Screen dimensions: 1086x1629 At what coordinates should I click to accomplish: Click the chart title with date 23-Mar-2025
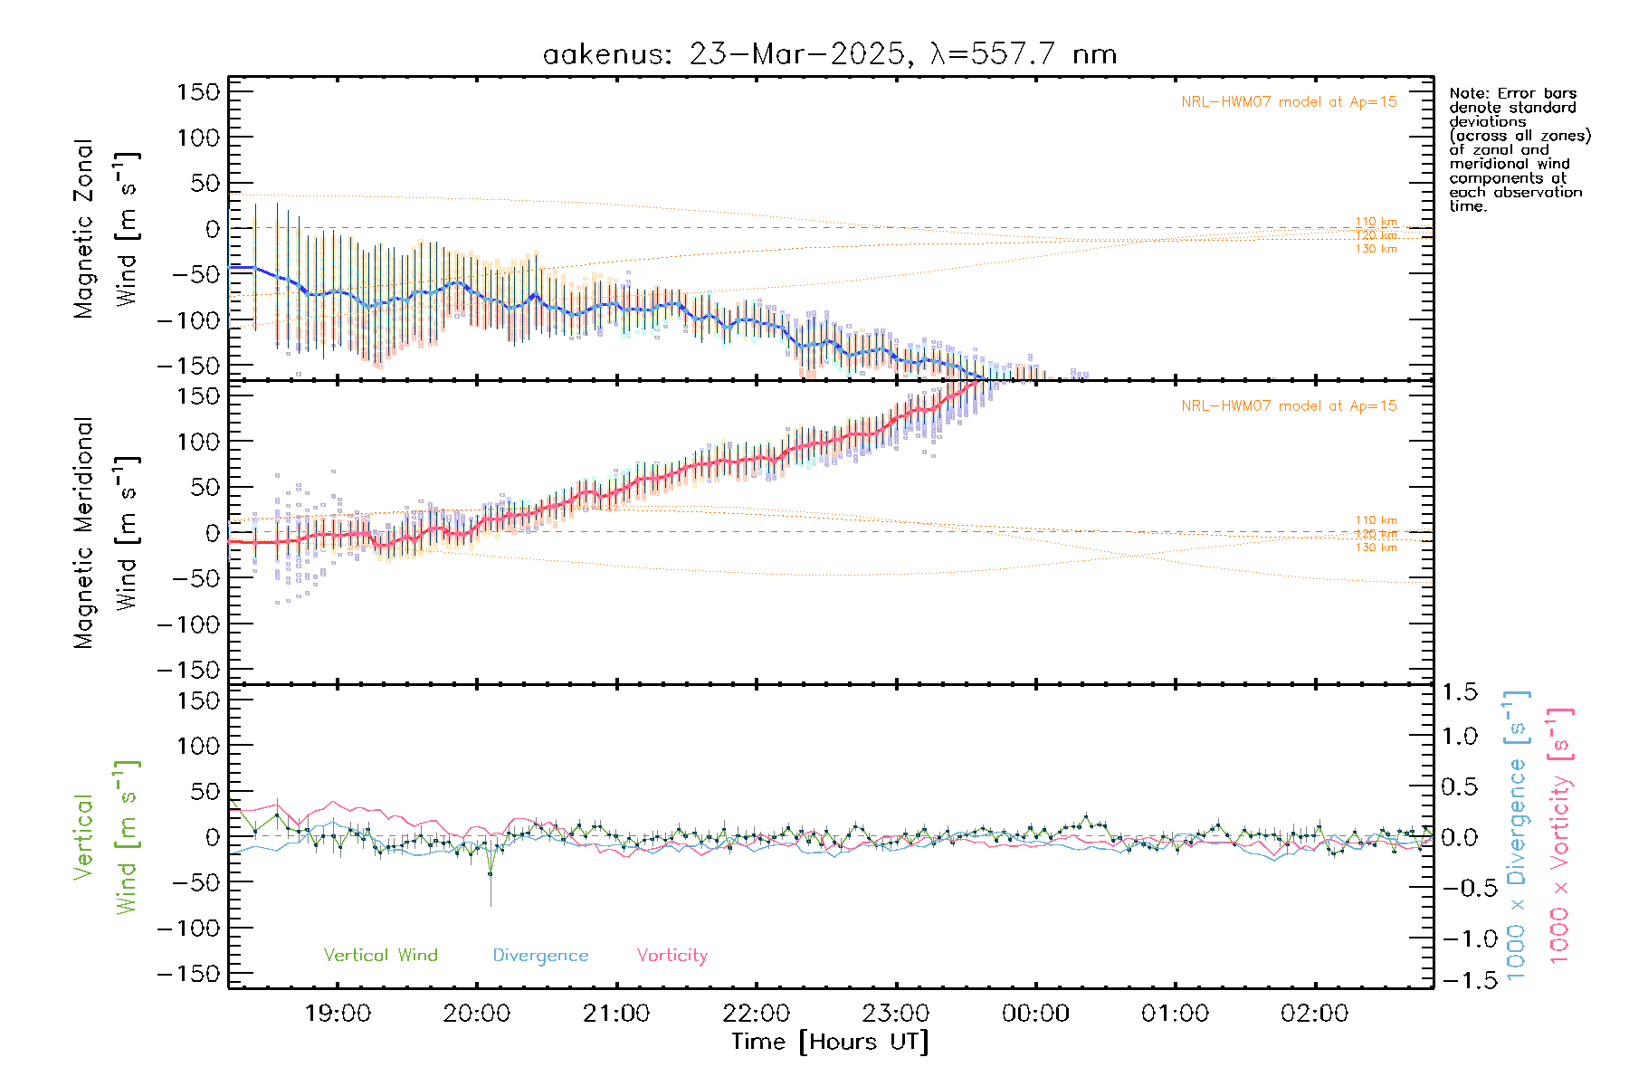[830, 54]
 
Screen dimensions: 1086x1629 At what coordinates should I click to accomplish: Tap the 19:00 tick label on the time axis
[338, 1014]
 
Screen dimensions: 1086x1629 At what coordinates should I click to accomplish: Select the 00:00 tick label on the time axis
[1035, 1014]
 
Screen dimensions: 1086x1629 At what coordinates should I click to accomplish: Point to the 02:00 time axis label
[1314, 1014]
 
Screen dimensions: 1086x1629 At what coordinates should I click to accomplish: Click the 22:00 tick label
[757, 1014]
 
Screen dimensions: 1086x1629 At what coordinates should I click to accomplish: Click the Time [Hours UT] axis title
[830, 1042]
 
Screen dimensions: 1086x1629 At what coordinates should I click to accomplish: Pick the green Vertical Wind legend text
[380, 956]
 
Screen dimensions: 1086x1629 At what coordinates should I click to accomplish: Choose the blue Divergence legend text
[540, 956]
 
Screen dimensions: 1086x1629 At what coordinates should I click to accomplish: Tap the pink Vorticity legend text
[672, 956]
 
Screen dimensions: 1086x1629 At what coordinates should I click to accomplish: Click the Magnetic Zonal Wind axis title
[106, 229]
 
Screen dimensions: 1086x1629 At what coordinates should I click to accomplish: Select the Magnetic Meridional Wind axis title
[106, 533]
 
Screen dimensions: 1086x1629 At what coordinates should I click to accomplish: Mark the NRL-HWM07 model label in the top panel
[1289, 102]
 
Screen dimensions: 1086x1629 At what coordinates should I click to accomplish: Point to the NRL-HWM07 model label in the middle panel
[1289, 406]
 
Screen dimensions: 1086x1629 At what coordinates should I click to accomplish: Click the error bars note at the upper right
[1519, 149]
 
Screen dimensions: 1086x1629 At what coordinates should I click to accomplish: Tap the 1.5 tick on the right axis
[1459, 692]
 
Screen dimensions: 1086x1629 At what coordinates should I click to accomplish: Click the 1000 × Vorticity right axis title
[1560, 835]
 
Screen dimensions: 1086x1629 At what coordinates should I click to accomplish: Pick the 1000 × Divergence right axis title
[1517, 835]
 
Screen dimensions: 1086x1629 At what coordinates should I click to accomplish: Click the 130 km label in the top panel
[1376, 249]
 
